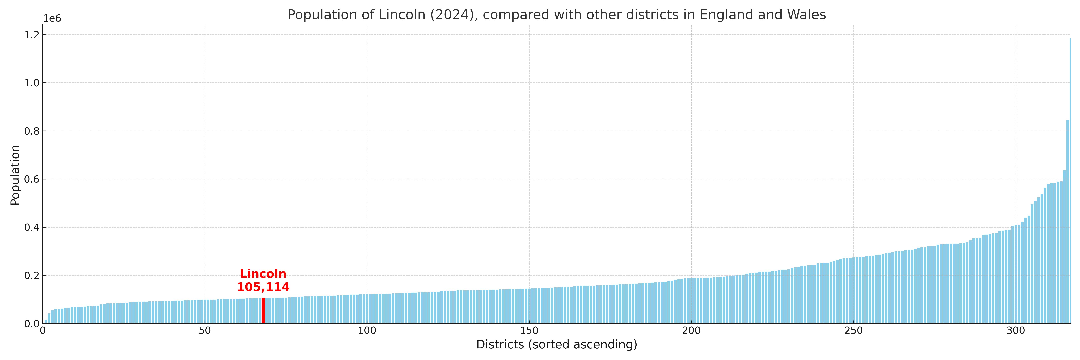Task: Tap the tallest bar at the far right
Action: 1070,180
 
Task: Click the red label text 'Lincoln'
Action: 263,274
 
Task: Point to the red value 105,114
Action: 263,287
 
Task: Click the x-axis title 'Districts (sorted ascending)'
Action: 556,344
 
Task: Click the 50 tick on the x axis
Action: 205,331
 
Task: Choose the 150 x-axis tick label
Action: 529,331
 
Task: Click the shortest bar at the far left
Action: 46,321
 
